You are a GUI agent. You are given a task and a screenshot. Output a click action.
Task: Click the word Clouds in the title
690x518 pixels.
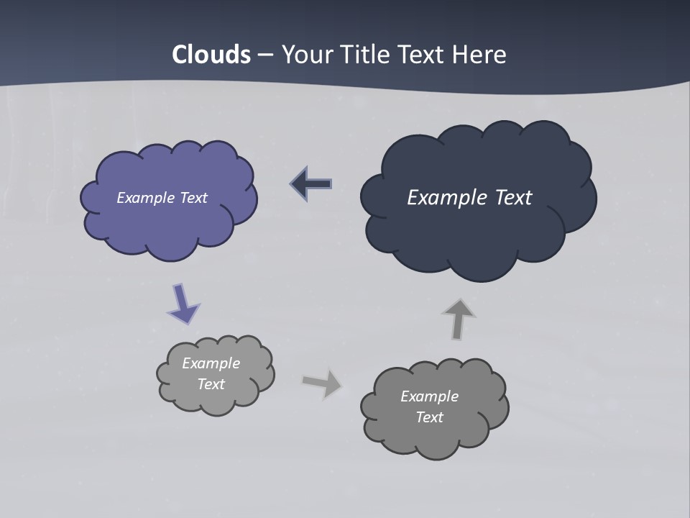[211, 55]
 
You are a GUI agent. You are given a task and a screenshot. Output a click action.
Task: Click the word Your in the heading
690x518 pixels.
[309, 55]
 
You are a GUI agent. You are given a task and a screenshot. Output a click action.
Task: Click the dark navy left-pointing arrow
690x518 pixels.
[311, 184]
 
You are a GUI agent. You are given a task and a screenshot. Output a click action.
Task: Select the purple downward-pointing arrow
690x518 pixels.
[183, 303]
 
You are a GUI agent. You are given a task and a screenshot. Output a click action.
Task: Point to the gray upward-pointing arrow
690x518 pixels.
[459, 319]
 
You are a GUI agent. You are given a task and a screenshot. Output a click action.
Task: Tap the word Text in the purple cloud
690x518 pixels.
[193, 198]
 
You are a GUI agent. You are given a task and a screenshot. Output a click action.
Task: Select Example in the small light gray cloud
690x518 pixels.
[211, 363]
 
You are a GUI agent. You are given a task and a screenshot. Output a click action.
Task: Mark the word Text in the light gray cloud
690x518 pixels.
[211, 384]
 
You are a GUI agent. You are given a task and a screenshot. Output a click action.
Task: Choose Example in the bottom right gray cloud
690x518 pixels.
[429, 396]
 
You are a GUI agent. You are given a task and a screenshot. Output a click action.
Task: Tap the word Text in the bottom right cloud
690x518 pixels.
[429, 417]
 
